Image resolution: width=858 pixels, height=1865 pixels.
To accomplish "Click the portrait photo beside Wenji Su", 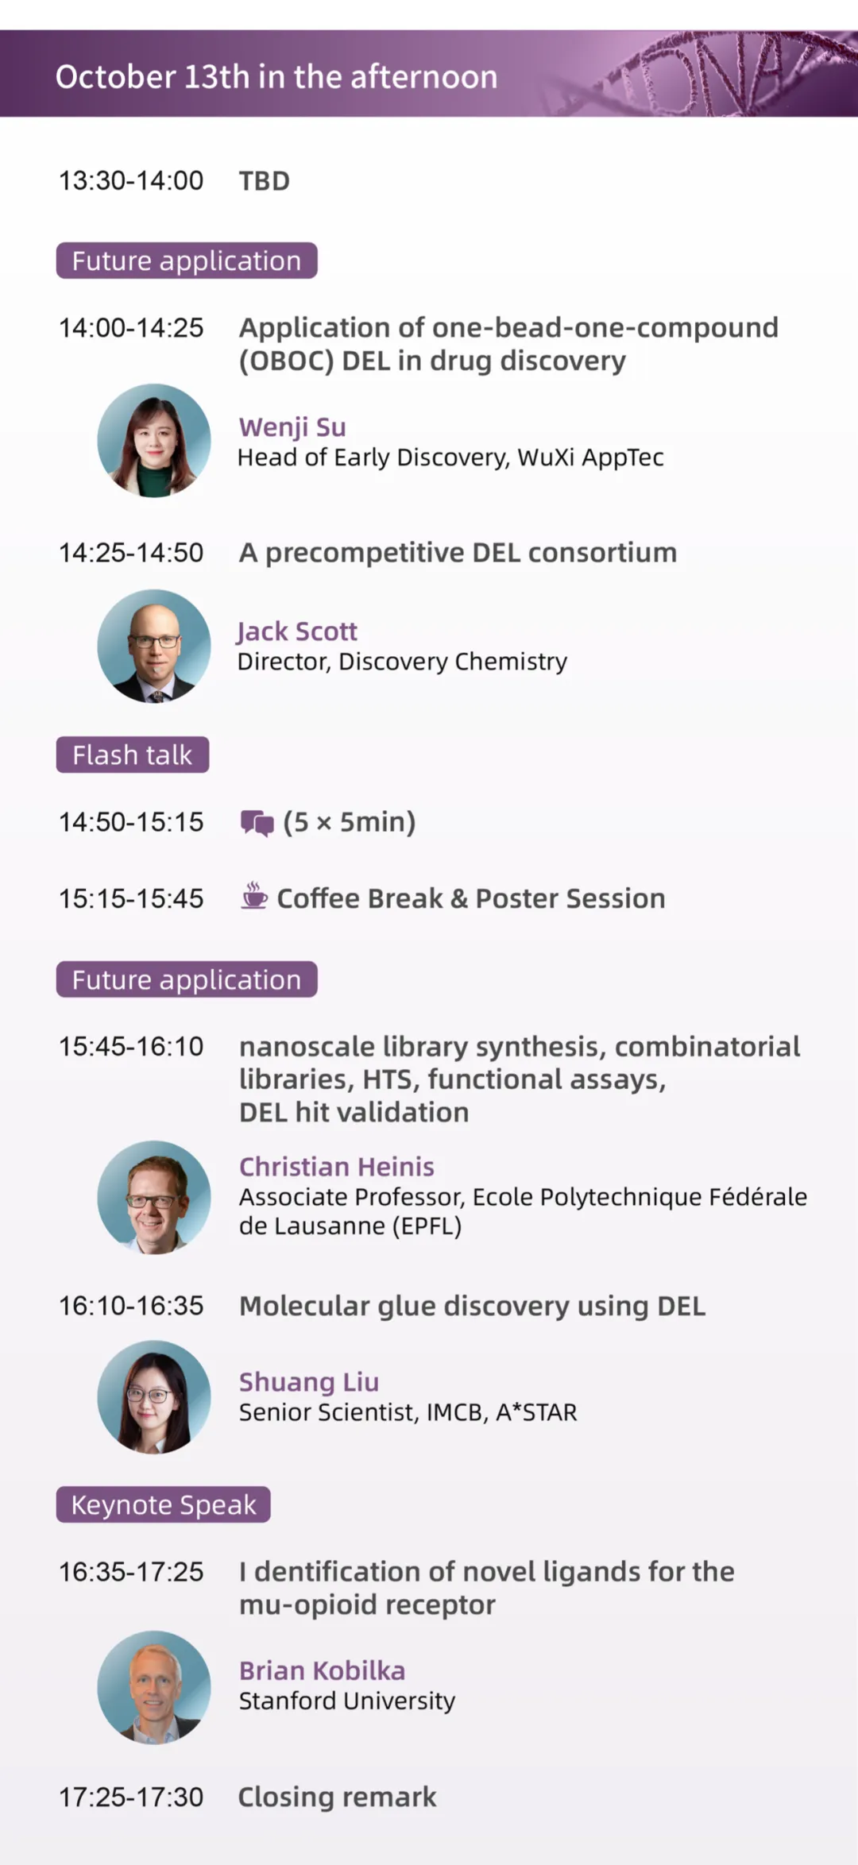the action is (x=154, y=441).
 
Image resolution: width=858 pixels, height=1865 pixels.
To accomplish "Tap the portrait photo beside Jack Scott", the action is (x=154, y=646).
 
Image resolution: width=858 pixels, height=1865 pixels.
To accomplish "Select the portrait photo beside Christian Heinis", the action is (x=154, y=1198).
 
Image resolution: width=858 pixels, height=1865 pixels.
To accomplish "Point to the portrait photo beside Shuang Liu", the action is (x=154, y=1397).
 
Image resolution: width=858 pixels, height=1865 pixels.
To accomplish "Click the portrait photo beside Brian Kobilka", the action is (x=154, y=1688).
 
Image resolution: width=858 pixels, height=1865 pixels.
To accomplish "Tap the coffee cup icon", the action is (x=254, y=896).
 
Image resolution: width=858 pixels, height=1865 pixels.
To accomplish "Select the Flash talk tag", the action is (x=133, y=755).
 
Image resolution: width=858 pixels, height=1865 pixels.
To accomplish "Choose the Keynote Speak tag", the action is (x=164, y=1504).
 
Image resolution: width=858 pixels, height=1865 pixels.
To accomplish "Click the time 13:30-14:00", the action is (x=131, y=181).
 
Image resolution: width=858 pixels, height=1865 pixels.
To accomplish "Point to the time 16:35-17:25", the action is (x=131, y=1572).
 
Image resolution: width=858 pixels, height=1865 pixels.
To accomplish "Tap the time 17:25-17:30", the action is (x=131, y=1797).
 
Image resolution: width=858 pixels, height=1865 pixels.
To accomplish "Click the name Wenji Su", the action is (x=292, y=427).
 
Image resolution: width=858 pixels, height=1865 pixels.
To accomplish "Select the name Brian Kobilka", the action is (x=322, y=1670).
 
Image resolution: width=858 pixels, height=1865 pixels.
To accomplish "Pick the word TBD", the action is (x=265, y=181).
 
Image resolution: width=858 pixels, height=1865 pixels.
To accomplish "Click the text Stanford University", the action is (x=347, y=1701).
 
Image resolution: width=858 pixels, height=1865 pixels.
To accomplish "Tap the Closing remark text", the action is (x=338, y=1797).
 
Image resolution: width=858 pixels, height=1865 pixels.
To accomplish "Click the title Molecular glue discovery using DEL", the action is (x=472, y=1307).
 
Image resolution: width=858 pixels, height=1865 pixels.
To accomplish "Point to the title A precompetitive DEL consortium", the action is (x=458, y=553).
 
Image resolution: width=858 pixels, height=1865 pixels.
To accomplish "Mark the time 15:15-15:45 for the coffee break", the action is (x=131, y=898).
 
